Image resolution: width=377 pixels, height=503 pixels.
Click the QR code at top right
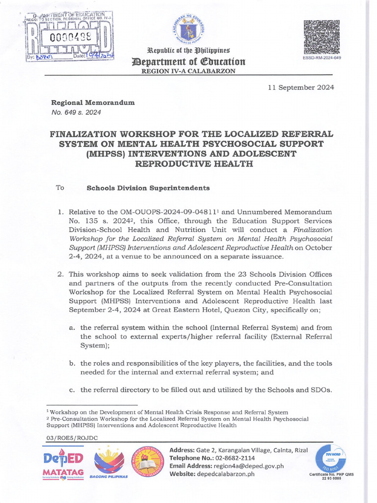pos(322,37)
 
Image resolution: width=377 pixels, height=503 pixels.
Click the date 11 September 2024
pos(301,87)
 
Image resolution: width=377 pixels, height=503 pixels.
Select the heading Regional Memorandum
pos(93,103)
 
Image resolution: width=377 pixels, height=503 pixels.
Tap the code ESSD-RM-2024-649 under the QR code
pos(322,57)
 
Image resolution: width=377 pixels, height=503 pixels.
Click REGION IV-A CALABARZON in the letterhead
pos(188,71)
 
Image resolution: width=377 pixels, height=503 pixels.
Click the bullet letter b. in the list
pos(72,363)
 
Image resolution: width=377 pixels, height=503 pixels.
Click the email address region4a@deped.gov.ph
pos(243,466)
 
